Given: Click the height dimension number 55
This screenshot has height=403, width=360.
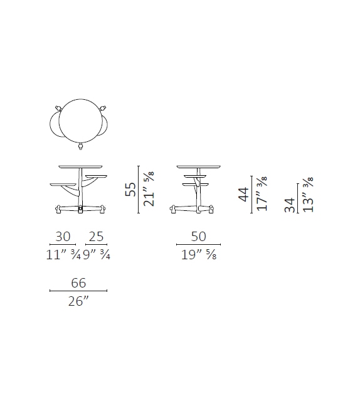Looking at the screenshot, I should (x=130, y=190).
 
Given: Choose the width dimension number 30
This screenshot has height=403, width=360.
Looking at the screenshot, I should (x=63, y=237).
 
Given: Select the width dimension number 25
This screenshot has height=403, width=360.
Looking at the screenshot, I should (x=96, y=237).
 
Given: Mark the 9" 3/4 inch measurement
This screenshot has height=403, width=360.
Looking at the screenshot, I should (x=96, y=254).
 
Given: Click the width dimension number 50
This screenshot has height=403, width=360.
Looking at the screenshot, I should (x=199, y=237).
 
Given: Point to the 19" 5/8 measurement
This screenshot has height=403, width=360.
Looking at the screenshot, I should (x=199, y=254).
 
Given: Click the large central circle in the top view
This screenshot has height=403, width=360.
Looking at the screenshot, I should (x=79, y=119).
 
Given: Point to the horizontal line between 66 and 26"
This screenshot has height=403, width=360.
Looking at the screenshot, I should (x=78, y=291).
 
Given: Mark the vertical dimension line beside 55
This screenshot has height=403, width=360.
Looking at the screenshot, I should (x=138, y=190).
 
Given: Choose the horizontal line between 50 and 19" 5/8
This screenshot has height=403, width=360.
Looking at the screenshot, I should (x=199, y=245).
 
